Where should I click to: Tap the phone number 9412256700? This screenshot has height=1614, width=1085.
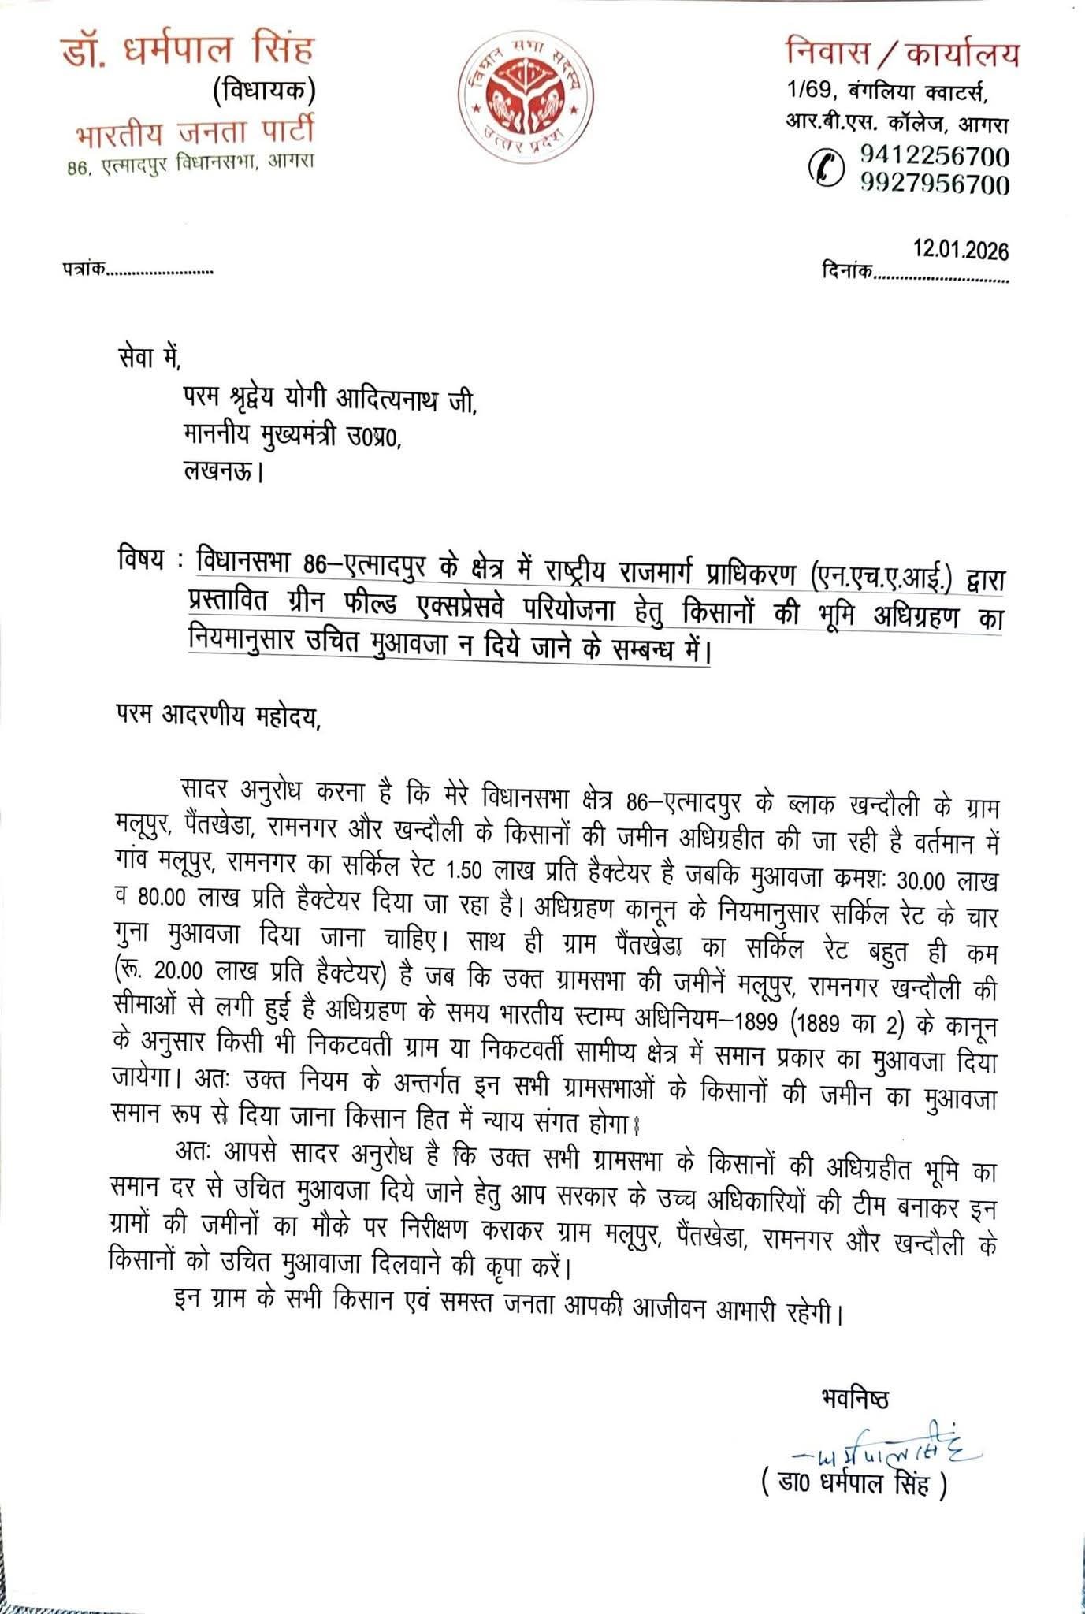[x=935, y=155]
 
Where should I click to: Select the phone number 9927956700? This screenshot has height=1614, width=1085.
[x=935, y=184]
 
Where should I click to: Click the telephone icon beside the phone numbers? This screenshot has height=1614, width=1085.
[x=827, y=168]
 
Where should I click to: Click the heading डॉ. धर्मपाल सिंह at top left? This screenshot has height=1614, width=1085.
[x=188, y=50]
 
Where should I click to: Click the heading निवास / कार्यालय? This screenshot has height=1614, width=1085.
[x=902, y=54]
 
